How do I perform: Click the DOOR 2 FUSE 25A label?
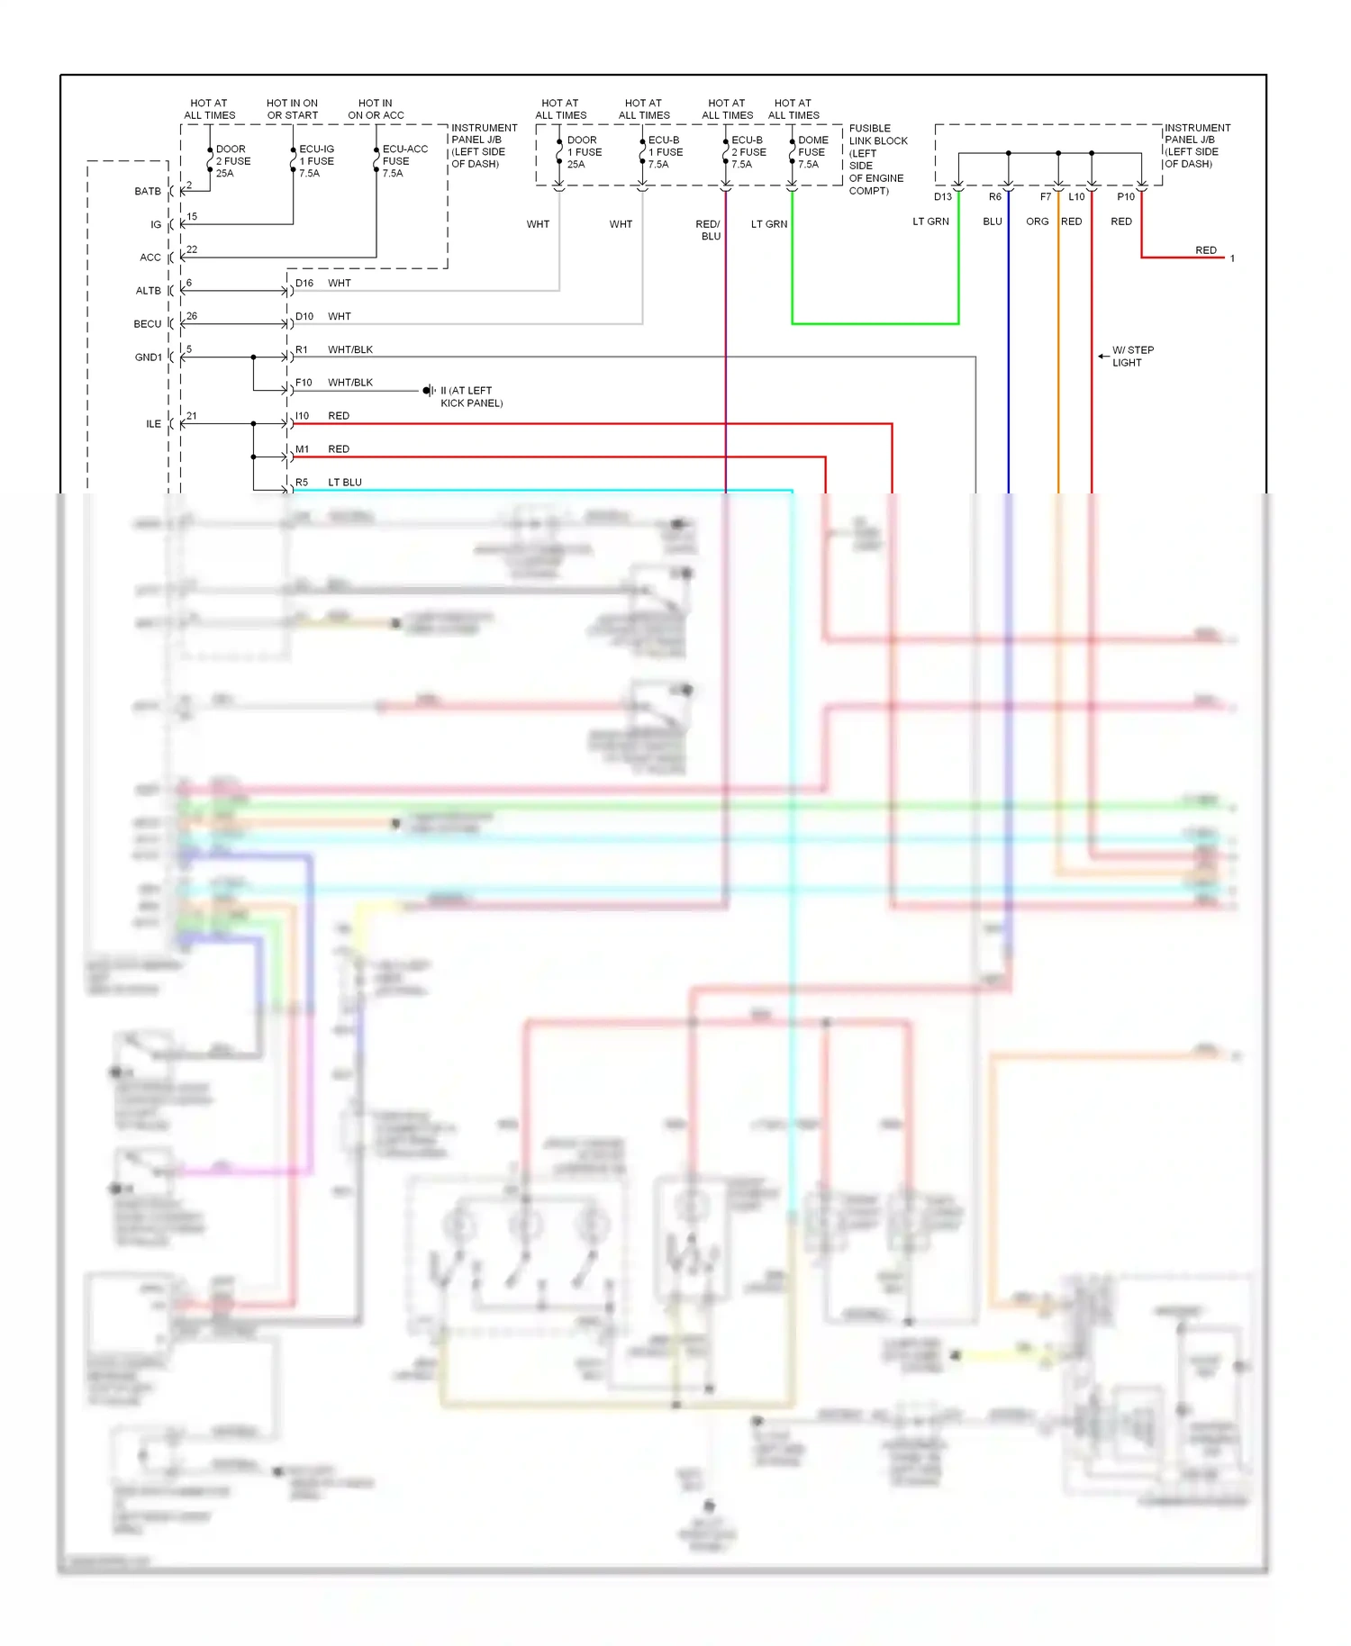[232, 161]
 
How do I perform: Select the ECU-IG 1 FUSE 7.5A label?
[316, 161]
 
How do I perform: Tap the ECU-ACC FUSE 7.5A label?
[404, 161]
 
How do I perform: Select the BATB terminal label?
[148, 192]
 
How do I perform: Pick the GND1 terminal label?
[149, 357]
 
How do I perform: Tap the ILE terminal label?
[154, 424]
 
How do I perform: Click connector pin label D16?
[304, 284]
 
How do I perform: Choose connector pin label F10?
[304, 383]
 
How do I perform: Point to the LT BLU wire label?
[345, 483]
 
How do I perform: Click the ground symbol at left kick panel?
[429, 391]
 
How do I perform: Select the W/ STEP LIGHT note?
[1131, 357]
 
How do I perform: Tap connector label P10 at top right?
[1126, 197]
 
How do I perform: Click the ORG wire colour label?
[1037, 222]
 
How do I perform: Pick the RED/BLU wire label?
[708, 231]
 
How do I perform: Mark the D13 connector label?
[942, 197]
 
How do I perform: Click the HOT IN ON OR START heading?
[292, 110]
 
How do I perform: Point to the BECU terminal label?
[148, 324]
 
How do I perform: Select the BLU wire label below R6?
[992, 222]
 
